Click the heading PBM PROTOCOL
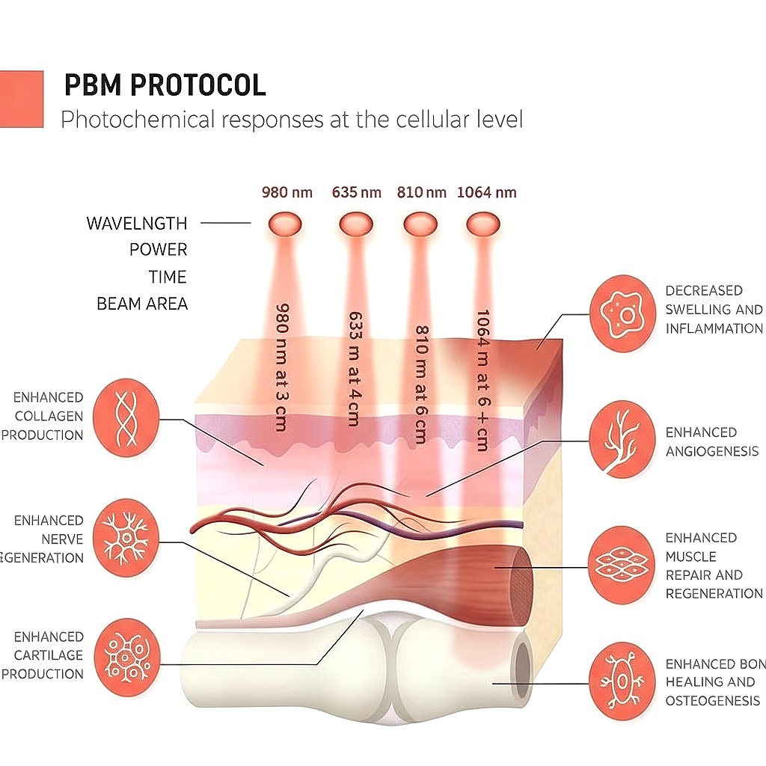(x=165, y=85)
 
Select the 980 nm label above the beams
(x=287, y=192)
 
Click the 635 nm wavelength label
(x=357, y=192)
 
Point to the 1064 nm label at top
(x=486, y=192)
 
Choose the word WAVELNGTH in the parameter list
(x=137, y=223)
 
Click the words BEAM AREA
(x=142, y=304)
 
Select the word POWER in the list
(x=159, y=250)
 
